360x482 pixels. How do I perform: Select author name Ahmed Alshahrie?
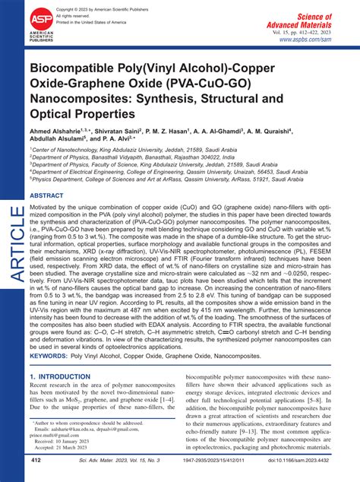tap(59, 132)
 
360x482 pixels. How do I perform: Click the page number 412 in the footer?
tap(36, 460)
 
